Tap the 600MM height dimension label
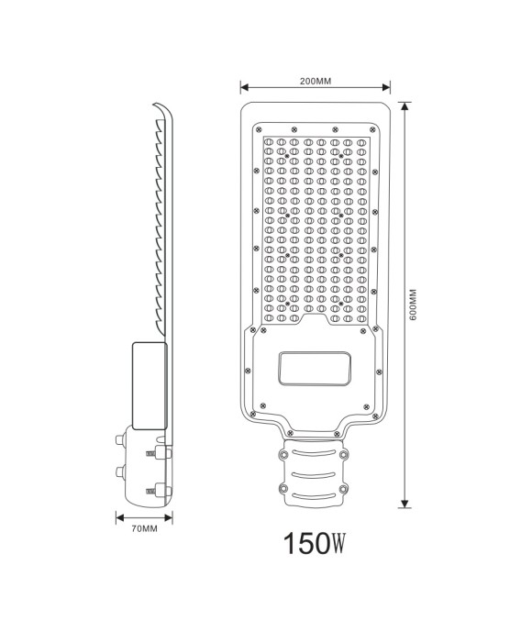(x=413, y=304)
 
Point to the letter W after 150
(x=335, y=548)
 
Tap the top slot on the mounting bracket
(x=315, y=451)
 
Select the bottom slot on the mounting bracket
(x=315, y=495)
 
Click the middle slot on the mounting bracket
(x=315, y=473)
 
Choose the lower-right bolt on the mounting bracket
(x=344, y=489)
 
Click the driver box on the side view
(x=149, y=384)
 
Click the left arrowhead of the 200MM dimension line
(x=244, y=89)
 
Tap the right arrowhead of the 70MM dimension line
(x=172, y=516)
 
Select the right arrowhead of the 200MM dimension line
(x=388, y=89)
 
